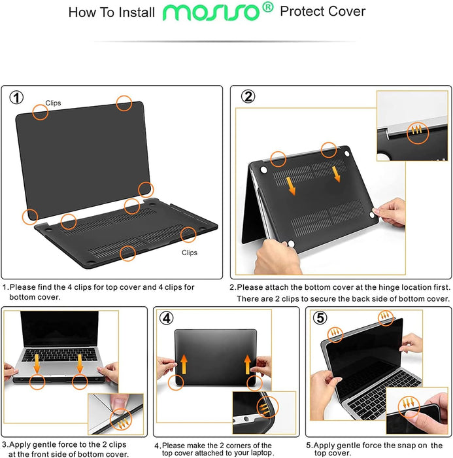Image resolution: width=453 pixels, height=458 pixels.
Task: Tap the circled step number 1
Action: click(17, 98)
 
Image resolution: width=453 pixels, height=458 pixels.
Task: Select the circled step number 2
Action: click(248, 97)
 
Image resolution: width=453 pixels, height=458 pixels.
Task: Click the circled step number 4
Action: click(167, 319)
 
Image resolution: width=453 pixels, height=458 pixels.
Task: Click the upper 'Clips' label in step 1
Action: click(54, 103)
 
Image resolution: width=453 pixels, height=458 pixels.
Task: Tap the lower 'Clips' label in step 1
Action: click(190, 253)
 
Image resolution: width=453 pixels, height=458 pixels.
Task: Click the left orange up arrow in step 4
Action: click(185, 362)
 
